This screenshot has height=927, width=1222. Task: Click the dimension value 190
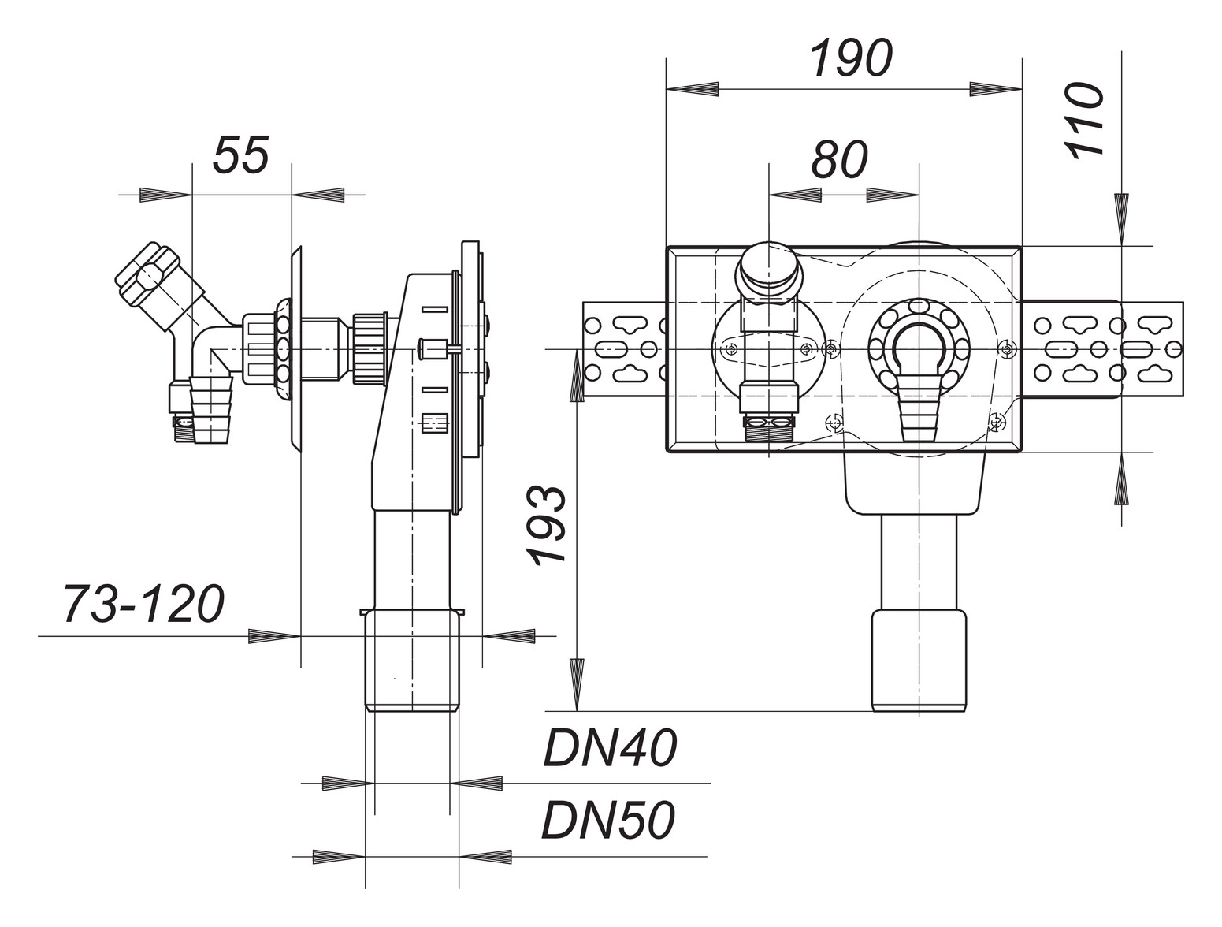[851, 59]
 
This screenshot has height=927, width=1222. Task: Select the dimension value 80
[840, 160]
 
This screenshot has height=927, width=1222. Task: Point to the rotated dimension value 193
[548, 525]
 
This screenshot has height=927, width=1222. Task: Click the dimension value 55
[241, 154]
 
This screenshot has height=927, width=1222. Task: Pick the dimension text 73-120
[143, 605]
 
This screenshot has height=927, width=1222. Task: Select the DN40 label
[609, 749]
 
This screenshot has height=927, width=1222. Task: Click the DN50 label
[607, 821]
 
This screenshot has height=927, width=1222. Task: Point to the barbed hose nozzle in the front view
[917, 403]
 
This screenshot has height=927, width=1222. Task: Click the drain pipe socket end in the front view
[919, 661]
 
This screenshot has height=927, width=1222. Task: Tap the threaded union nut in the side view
[369, 349]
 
